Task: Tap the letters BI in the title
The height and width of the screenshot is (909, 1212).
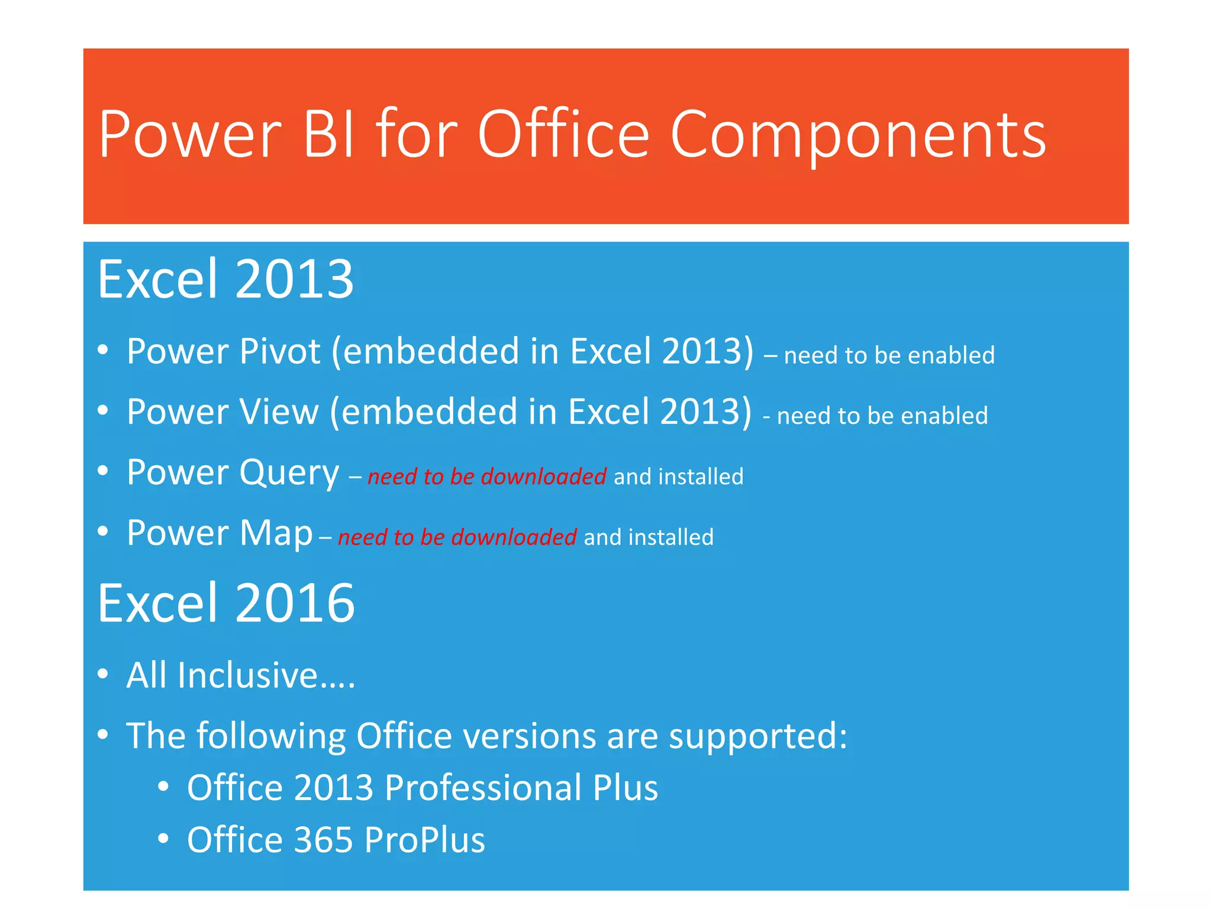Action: point(328,135)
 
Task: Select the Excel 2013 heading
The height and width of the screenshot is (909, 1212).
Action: point(225,279)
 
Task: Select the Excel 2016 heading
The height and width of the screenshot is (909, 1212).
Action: point(226,603)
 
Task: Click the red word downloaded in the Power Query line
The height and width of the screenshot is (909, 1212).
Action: point(543,476)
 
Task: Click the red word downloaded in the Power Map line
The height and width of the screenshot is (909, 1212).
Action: point(514,537)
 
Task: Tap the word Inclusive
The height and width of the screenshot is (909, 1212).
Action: point(248,675)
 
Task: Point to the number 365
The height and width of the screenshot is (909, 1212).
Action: point(323,840)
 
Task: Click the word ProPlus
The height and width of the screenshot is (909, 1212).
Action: point(424,840)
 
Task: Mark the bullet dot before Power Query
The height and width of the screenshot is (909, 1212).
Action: point(103,472)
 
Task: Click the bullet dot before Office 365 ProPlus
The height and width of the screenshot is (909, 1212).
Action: point(164,839)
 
